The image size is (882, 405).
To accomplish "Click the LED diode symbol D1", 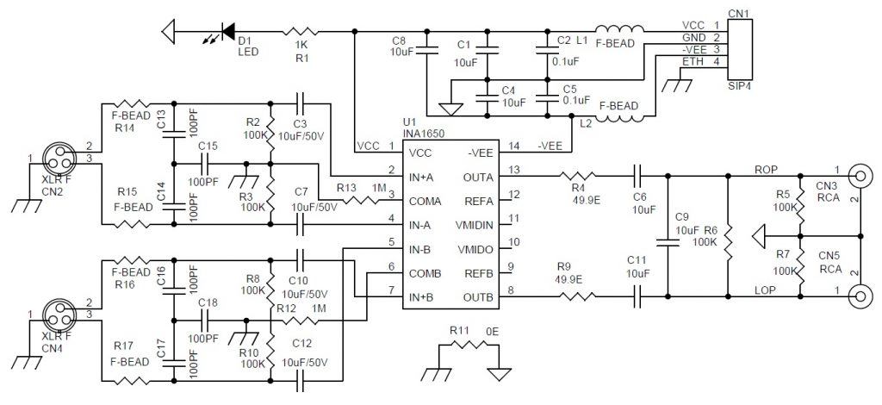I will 228,32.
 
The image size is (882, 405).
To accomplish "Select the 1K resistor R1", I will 300,32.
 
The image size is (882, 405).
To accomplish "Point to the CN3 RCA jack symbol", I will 860,178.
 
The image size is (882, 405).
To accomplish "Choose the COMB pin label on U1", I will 427,273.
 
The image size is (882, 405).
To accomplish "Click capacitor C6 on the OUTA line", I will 637,178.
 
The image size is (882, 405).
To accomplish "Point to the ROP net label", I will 765,169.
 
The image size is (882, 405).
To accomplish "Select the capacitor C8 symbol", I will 428,48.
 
